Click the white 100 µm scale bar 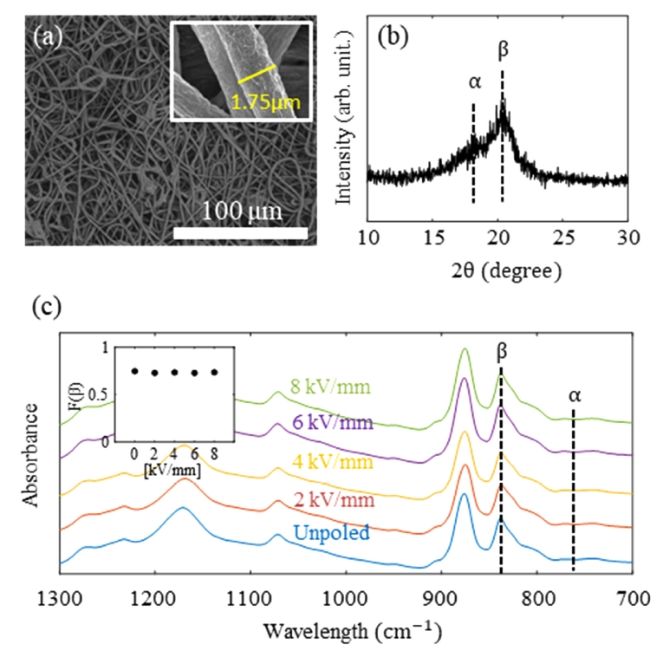pos(240,232)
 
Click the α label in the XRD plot pos(473,83)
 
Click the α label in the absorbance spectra pos(574,395)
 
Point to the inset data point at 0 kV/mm pos(134,370)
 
